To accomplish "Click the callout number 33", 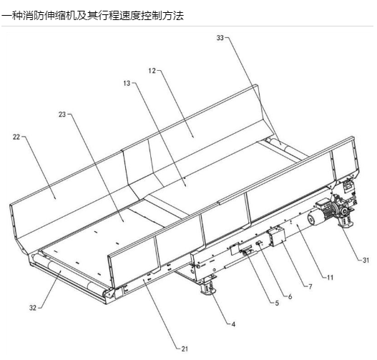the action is coord(220,38).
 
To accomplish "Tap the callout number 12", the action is coord(152,71).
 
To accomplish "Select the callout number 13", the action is coord(127,83).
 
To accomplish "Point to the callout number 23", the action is coord(62,115).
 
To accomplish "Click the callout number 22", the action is coord(16,137).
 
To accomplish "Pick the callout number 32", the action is coord(33,308).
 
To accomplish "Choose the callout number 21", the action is coord(185,349).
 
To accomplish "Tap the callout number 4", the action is coord(233,324).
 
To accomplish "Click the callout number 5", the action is coord(277,303).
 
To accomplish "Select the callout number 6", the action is coord(290,296).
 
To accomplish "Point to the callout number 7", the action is coord(310,286).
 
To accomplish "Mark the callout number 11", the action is coord(331,278).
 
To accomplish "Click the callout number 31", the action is coord(366,260).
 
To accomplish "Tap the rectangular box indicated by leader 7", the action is coord(277,236).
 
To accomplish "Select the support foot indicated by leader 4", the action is coord(208,286).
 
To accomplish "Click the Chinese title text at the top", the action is coord(92,16).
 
